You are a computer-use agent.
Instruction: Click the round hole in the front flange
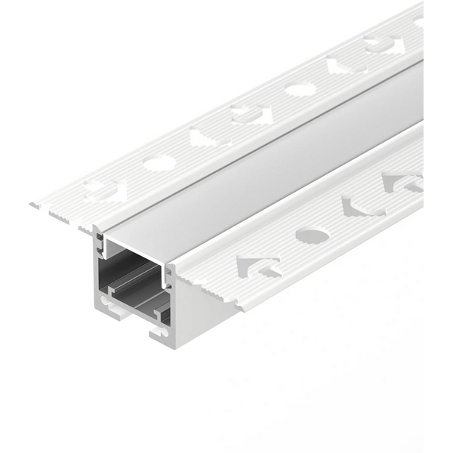[x=310, y=236]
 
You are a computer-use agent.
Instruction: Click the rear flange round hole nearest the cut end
[x=159, y=162]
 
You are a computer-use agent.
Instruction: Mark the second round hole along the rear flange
[x=300, y=90]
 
